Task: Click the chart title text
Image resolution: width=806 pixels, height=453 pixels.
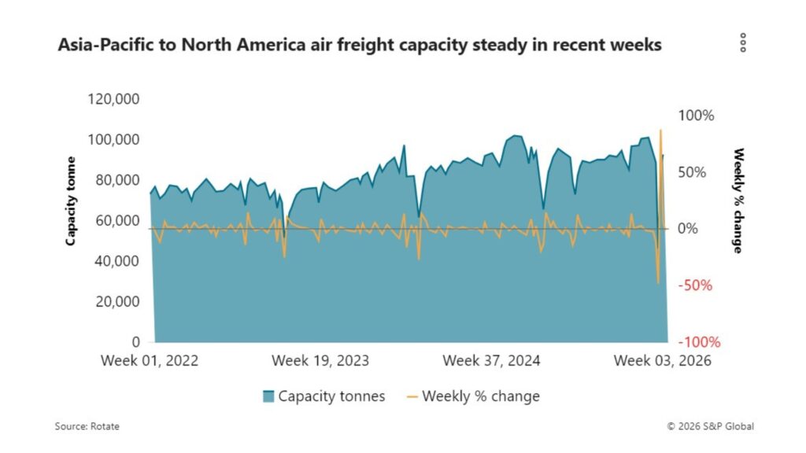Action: pyautogui.click(x=360, y=45)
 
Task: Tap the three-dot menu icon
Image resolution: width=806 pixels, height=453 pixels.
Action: pyautogui.click(x=742, y=43)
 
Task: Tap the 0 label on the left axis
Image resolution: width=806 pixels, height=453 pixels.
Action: pyautogui.click(x=135, y=342)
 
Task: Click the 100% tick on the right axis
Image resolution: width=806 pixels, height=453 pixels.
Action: pyautogui.click(x=697, y=116)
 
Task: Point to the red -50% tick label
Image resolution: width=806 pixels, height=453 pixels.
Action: pyautogui.click(x=697, y=285)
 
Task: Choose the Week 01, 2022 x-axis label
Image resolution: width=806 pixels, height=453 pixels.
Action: pyautogui.click(x=150, y=361)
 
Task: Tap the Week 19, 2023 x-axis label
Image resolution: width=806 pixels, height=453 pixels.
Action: pyautogui.click(x=320, y=361)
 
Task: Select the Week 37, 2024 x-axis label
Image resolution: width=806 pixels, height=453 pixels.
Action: pyautogui.click(x=491, y=361)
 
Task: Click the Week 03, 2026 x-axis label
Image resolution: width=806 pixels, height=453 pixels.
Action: pyautogui.click(x=662, y=361)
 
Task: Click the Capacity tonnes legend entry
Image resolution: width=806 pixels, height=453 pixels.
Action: pyautogui.click(x=324, y=396)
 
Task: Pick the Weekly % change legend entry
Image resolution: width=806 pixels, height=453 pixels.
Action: pyautogui.click(x=472, y=396)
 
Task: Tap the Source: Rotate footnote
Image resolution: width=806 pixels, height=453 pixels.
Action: pyautogui.click(x=87, y=426)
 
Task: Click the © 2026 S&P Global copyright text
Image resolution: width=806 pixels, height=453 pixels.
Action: pyautogui.click(x=710, y=426)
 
